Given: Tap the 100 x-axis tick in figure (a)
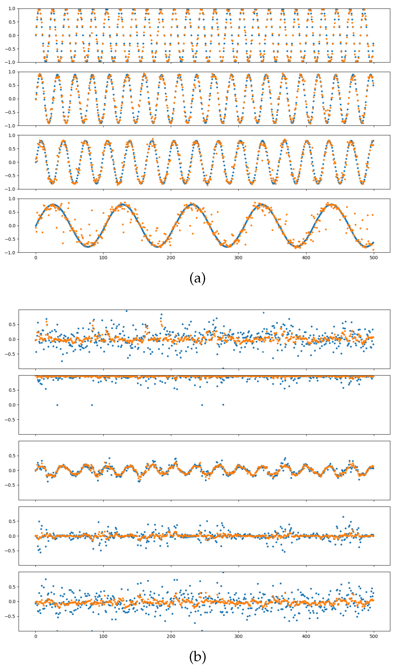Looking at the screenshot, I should point(103,258).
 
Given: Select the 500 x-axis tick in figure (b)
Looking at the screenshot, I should point(374,636).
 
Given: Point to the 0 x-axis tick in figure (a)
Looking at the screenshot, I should point(36,258).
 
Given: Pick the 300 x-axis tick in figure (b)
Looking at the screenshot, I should point(238,636).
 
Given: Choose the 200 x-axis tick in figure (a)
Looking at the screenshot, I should point(171,258).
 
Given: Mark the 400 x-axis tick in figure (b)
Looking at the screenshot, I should point(306,636).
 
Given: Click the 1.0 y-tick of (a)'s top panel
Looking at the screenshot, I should point(12,9).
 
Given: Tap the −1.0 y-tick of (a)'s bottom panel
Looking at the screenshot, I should point(10,253).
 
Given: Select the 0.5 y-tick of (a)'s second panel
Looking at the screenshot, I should point(12,85).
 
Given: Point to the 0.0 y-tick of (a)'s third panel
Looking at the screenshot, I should point(12,162).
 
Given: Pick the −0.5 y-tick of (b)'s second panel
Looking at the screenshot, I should point(10,420).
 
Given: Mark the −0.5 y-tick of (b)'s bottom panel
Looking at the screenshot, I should point(10,616).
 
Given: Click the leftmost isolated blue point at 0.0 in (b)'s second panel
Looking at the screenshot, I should point(57,405).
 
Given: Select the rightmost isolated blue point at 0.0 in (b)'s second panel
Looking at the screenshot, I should point(223,405).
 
